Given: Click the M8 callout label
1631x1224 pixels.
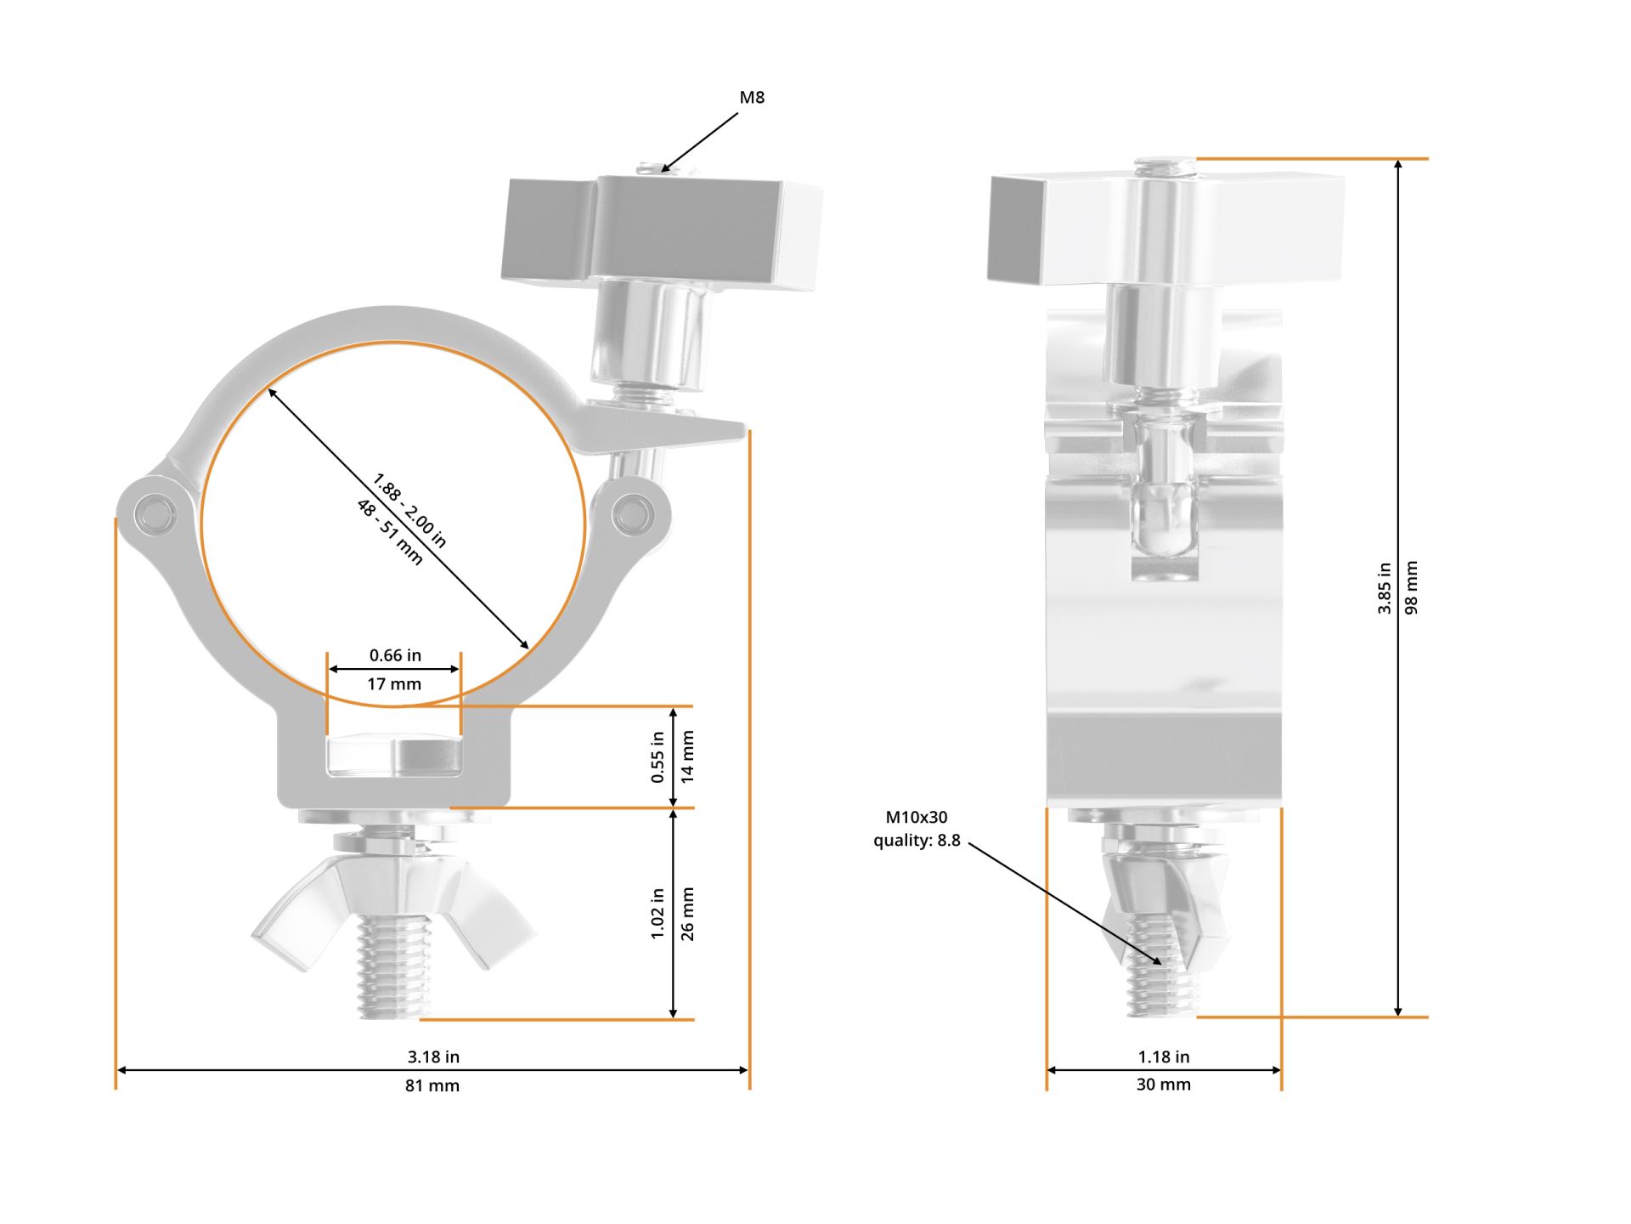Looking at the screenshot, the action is (752, 98).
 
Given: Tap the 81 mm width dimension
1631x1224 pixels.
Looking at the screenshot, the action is (432, 1085).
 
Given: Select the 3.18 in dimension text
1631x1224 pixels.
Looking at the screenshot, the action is (433, 1057).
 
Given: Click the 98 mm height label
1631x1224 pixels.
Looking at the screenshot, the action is (1411, 587).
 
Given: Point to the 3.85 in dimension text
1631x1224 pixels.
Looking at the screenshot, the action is (1384, 587).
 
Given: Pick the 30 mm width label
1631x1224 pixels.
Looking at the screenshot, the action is (1164, 1085).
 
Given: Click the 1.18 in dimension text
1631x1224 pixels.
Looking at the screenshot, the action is (1164, 1057).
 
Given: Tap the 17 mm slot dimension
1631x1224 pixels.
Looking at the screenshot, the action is (394, 683).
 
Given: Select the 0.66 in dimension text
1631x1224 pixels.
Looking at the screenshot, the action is (395, 655).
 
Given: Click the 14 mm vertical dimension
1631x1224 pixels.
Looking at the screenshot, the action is (687, 756).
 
